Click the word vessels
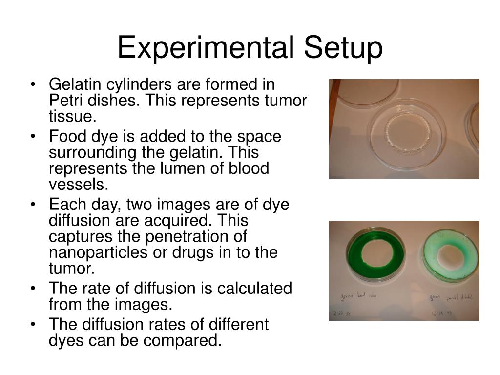[x=78, y=185]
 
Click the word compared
[x=183, y=340]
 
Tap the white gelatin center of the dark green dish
[x=376, y=254]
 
